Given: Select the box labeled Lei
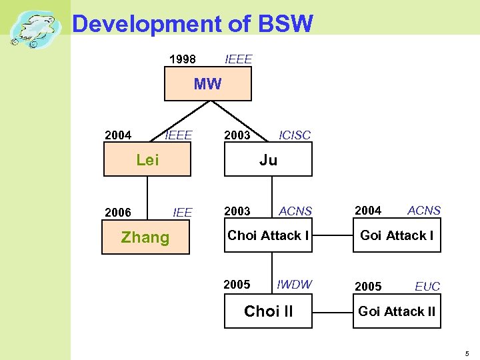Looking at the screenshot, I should [147, 160].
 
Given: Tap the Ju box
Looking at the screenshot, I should [268, 160].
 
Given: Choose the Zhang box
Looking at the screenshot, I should [145, 238].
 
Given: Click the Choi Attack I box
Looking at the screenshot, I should [268, 235].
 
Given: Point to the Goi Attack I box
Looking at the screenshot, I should [397, 235].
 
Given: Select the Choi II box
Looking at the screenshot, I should [268, 311].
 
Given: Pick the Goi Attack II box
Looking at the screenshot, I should [397, 311].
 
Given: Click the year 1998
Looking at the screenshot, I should [183, 59].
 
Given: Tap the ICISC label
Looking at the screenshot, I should [294, 135].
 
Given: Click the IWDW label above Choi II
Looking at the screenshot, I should [294, 285].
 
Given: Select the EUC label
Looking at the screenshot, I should [427, 287].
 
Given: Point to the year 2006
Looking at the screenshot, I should [118, 213].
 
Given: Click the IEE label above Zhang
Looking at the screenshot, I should [182, 213].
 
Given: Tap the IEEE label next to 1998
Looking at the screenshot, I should [239, 59].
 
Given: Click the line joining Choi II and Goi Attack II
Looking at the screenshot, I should [332, 311].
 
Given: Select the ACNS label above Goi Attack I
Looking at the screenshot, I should [424, 211].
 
